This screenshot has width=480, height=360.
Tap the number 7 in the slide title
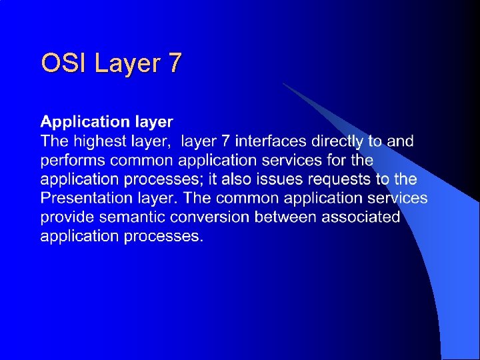(x=174, y=63)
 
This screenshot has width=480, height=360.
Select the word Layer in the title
(x=128, y=63)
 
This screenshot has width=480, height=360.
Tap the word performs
(x=73, y=161)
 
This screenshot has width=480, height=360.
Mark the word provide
(x=67, y=217)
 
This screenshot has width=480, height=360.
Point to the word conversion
(x=210, y=217)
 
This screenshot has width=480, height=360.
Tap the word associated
(x=361, y=217)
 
